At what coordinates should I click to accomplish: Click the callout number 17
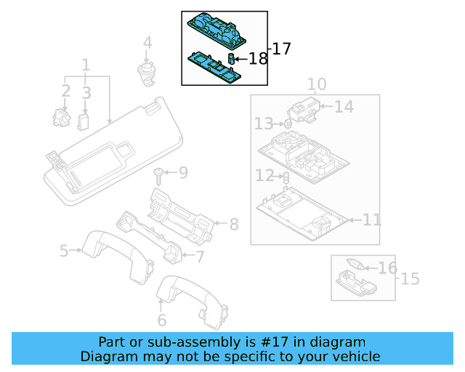281,49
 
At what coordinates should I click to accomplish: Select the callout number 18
258,59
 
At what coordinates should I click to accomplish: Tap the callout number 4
147,43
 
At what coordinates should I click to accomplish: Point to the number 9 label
182,173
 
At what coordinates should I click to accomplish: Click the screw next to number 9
158,172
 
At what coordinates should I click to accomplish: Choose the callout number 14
344,107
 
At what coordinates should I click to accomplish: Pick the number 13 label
263,125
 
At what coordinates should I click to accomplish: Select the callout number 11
371,219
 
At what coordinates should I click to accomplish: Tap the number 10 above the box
316,84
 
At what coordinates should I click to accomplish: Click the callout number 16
387,268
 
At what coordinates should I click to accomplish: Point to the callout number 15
411,278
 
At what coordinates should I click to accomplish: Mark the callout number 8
234,225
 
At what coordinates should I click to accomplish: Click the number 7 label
200,256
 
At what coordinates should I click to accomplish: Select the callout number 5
64,251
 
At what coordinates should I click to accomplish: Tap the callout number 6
161,320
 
